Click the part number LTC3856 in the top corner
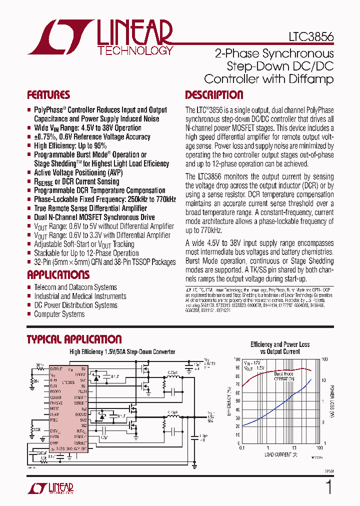[x=311, y=37]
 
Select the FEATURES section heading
[x=48, y=95]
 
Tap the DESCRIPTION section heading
[x=214, y=95]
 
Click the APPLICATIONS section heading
[x=58, y=275]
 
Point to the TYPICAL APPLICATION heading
[x=74, y=339]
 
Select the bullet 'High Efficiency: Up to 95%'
[x=70, y=145]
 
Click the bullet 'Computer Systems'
[x=59, y=314]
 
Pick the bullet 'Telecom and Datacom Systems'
[x=75, y=287]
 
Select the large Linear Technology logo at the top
[x=100, y=37]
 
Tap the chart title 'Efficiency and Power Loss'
[x=280, y=344]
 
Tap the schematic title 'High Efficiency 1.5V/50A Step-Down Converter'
[x=122, y=352]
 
